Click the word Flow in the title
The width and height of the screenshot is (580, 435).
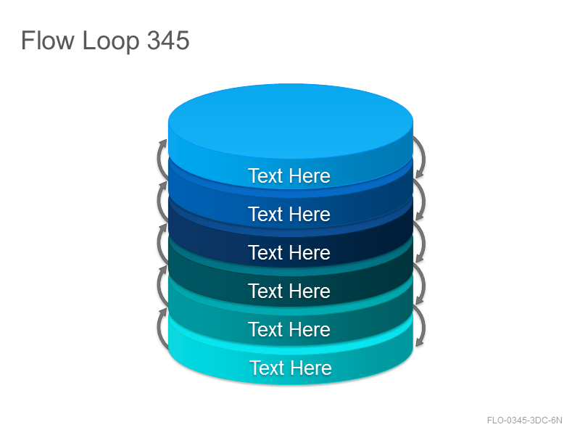(x=48, y=40)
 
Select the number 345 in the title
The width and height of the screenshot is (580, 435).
(x=168, y=40)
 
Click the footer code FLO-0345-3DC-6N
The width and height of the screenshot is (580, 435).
(x=524, y=420)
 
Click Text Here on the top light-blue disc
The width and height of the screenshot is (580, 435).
(x=289, y=175)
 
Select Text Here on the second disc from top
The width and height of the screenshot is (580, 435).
(x=289, y=214)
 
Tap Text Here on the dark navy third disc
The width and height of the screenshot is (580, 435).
(x=289, y=252)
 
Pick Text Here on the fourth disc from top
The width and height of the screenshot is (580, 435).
(x=289, y=291)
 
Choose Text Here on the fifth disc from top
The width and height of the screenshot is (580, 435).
(x=289, y=330)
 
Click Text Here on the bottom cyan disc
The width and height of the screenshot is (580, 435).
(x=291, y=368)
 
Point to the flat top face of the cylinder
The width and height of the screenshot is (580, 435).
(x=291, y=120)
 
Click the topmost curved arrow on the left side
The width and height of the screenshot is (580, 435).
(x=159, y=159)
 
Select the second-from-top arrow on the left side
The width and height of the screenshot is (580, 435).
(x=159, y=202)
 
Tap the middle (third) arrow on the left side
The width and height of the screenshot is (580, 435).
(x=159, y=244)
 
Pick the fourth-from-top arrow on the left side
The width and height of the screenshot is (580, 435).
(x=159, y=286)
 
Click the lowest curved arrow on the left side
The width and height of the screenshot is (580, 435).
(x=159, y=328)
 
